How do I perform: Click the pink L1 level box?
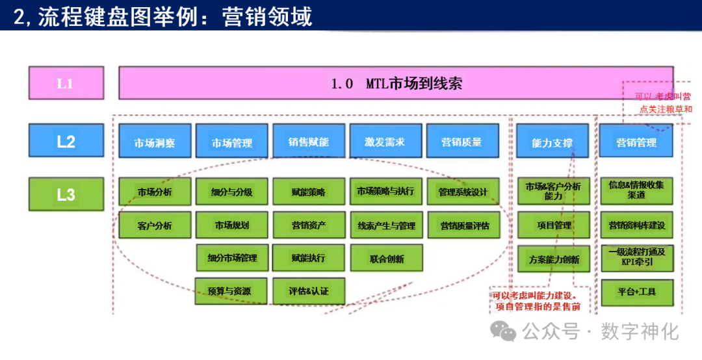[66, 84]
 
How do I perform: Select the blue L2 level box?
[66, 141]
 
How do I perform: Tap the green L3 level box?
[66, 194]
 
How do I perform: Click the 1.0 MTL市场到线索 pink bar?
[395, 83]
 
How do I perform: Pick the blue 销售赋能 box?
[309, 142]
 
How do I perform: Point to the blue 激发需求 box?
[385, 142]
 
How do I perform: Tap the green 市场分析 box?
[155, 192]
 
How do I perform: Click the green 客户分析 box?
[155, 225]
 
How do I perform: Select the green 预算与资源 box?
[231, 291]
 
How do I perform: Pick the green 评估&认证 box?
[309, 291]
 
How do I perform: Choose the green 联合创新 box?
[386, 259]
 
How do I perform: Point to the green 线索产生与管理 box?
[386, 225]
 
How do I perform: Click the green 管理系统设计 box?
[463, 192]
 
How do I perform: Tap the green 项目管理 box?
[553, 225]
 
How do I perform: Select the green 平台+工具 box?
[636, 292]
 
